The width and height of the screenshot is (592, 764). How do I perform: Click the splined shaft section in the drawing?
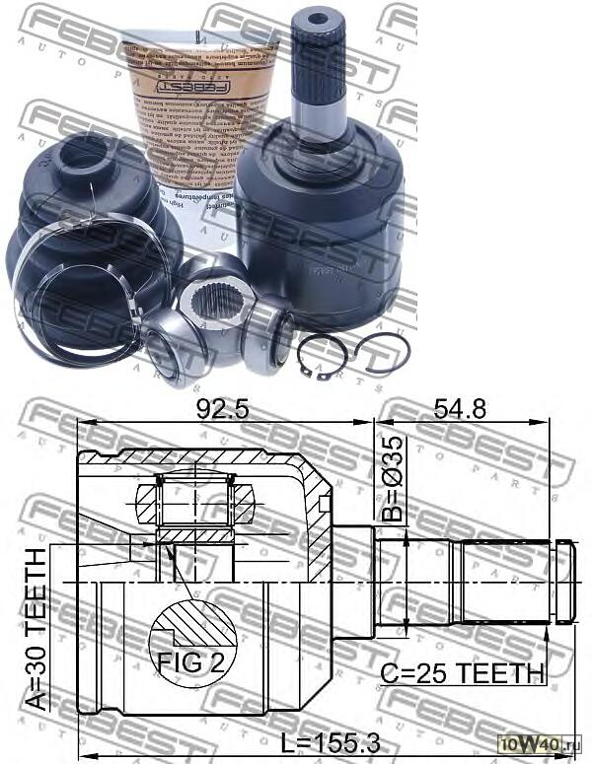pos(503,582)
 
